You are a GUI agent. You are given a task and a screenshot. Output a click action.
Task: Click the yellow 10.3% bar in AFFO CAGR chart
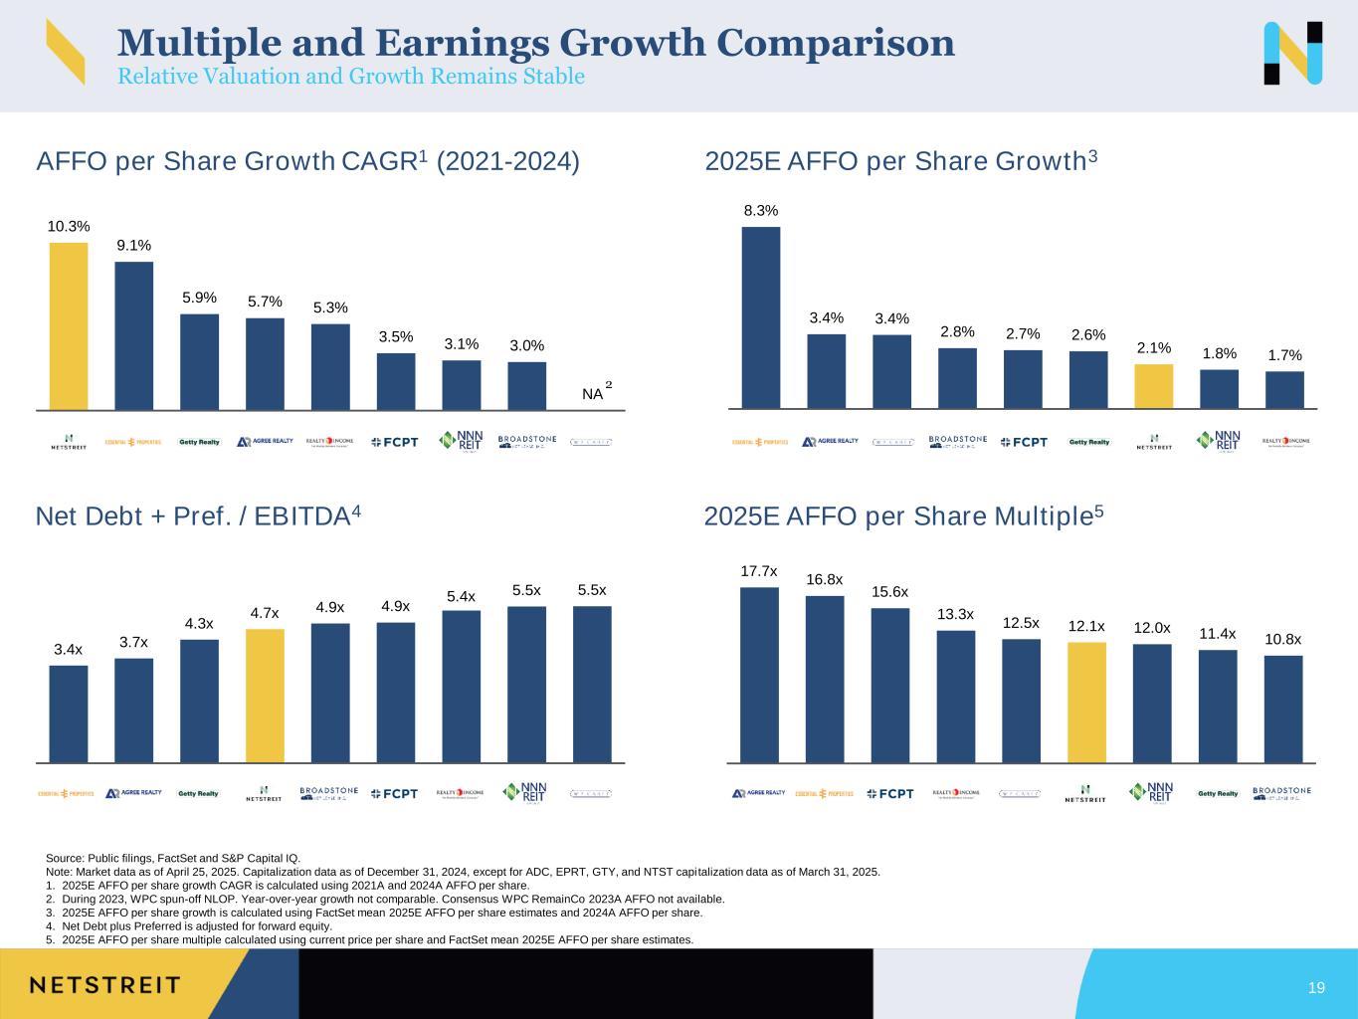[x=69, y=326]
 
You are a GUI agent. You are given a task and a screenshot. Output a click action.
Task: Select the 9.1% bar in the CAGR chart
[x=134, y=335]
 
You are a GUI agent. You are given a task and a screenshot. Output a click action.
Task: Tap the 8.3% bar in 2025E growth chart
[x=761, y=317]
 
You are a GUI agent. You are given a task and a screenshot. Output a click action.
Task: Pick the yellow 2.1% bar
[x=1154, y=386]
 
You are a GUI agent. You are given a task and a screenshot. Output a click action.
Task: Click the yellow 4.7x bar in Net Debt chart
[x=265, y=696]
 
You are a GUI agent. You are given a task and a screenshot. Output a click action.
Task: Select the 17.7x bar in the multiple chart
[x=759, y=675]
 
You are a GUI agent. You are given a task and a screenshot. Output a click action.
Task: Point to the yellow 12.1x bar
[x=1086, y=703]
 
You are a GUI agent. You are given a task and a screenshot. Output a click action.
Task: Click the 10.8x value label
[x=1282, y=639]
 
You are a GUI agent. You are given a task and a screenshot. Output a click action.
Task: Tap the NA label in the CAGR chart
[x=593, y=394]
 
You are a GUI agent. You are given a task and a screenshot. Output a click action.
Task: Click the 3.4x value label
[x=68, y=649]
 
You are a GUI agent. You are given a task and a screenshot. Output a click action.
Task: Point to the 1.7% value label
[x=1283, y=355]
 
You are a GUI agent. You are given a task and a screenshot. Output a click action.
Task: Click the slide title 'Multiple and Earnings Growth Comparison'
[x=536, y=43]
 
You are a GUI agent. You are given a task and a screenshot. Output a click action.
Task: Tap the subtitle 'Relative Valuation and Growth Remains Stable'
[x=351, y=77]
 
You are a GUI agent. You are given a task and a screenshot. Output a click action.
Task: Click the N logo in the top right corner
[x=1292, y=53]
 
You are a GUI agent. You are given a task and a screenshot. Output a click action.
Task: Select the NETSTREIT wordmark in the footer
[x=104, y=985]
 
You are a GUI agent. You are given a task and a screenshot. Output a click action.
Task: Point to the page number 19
[x=1316, y=988]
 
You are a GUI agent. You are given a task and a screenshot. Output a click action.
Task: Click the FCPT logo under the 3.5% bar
[x=395, y=442]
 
